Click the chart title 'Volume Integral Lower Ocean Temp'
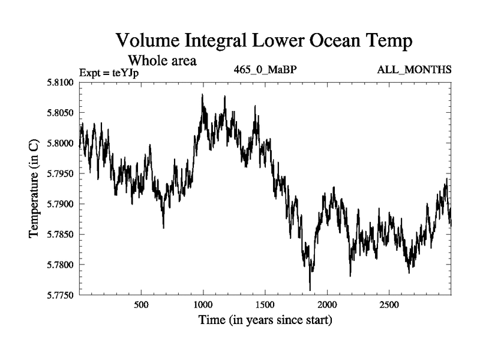(264, 41)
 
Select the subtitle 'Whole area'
(162, 61)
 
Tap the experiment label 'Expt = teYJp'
(113, 73)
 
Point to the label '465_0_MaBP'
(266, 70)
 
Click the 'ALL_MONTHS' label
(414, 70)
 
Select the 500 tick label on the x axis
(141, 304)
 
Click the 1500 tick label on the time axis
(265, 304)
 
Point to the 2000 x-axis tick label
(327, 304)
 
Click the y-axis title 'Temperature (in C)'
(34, 188)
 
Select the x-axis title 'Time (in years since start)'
(265, 320)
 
